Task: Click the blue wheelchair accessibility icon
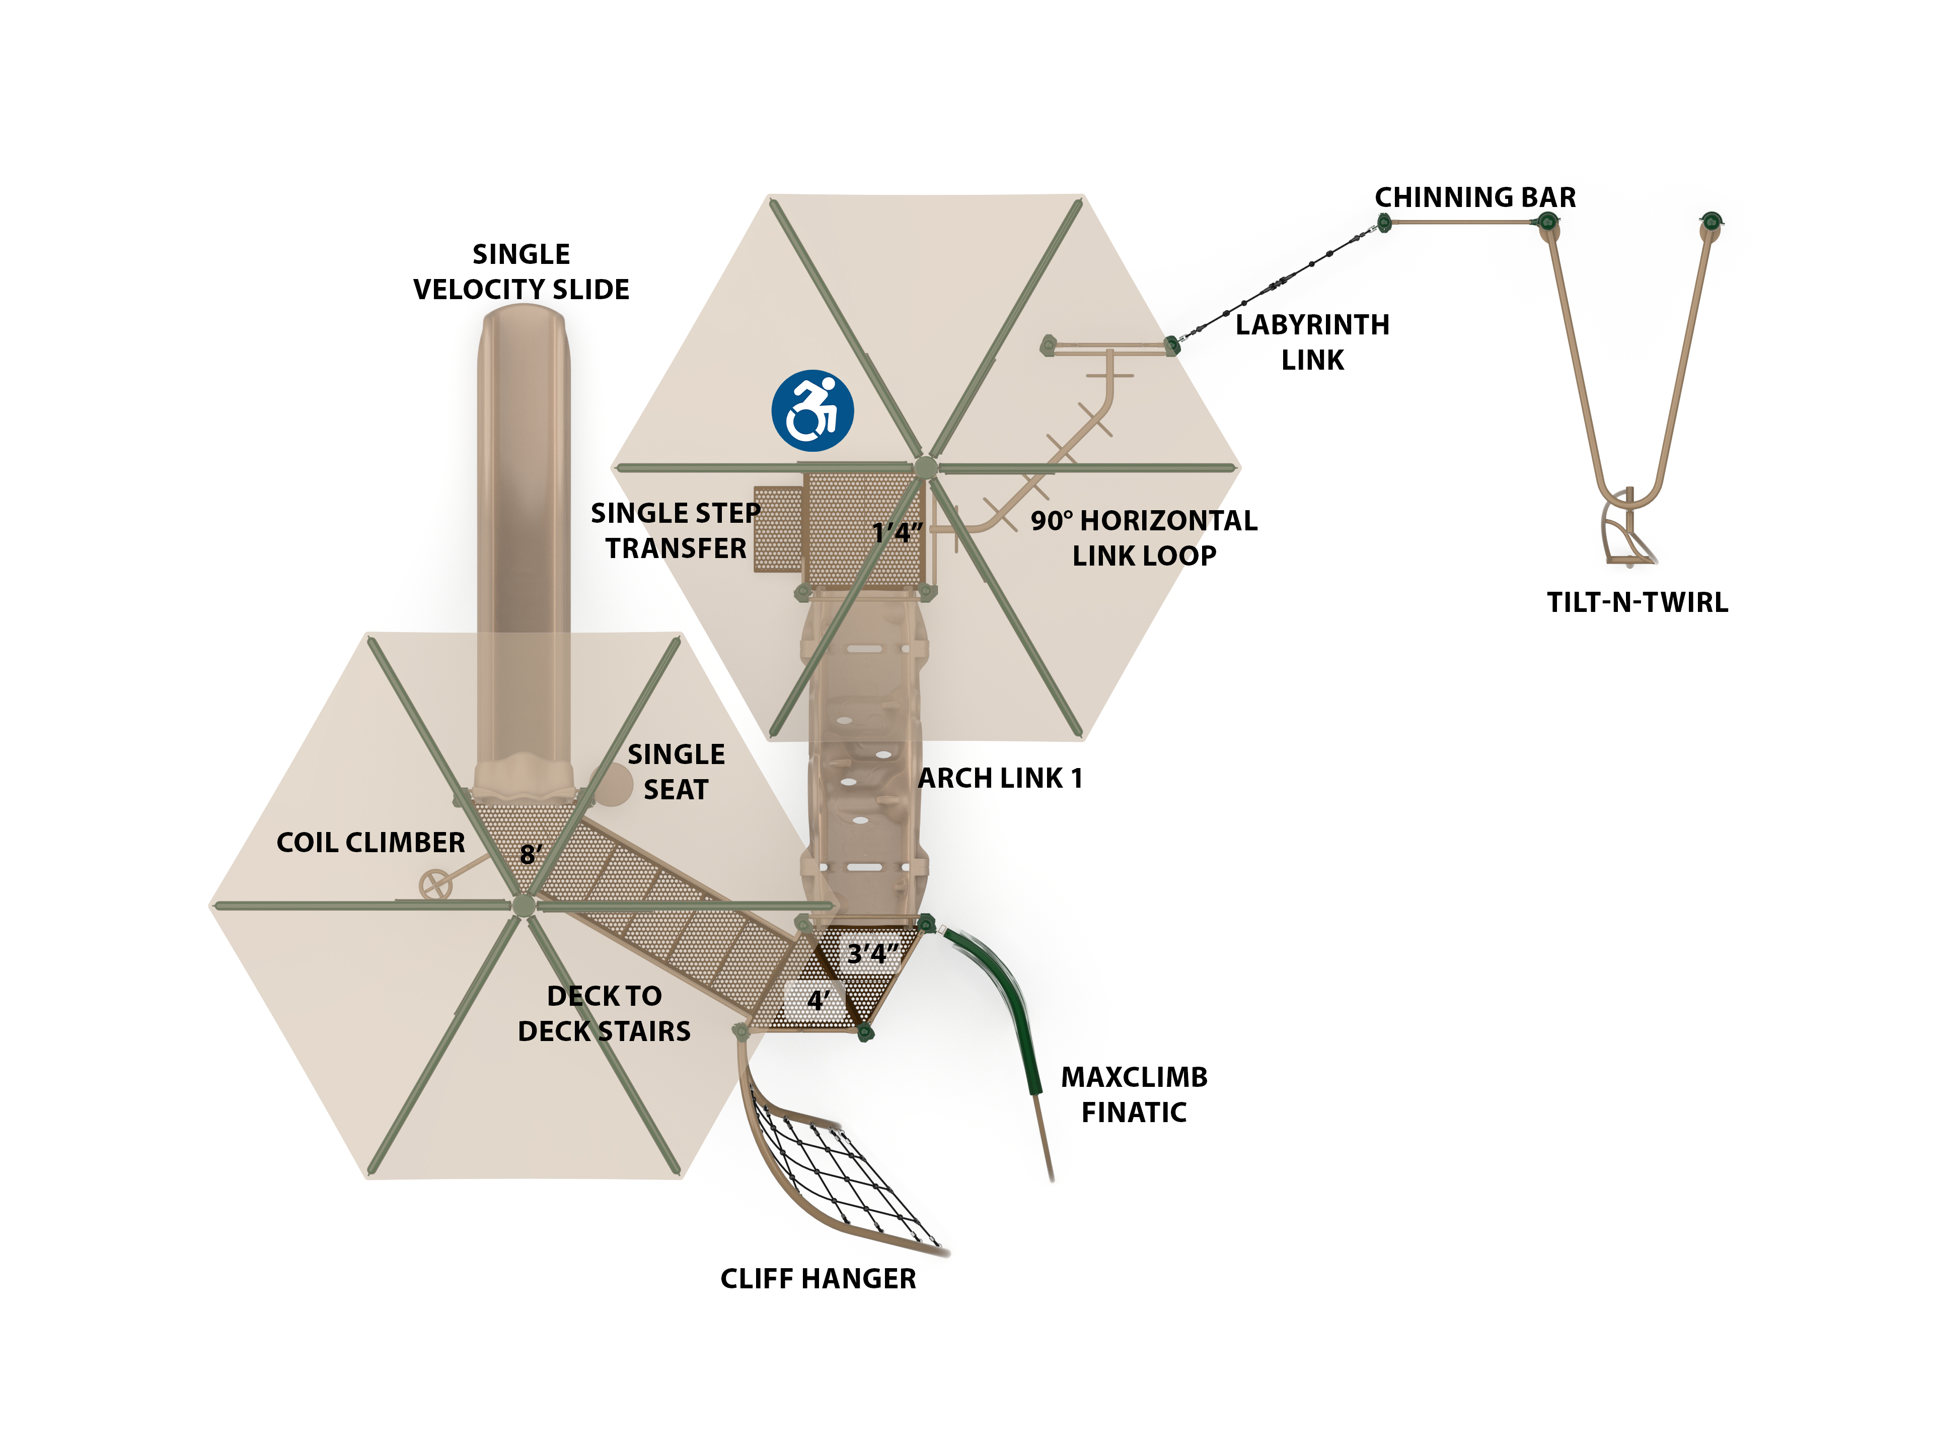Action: pyautogui.click(x=812, y=411)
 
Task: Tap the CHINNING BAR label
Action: pyautogui.click(x=1475, y=197)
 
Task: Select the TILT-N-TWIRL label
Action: pyautogui.click(x=1637, y=602)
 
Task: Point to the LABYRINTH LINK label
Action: pyautogui.click(x=1312, y=342)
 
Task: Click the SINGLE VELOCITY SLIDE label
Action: pyautogui.click(x=521, y=272)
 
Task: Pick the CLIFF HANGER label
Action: pyautogui.click(x=818, y=1279)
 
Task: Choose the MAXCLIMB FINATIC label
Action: pyautogui.click(x=1134, y=1094)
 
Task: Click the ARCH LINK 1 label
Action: pyautogui.click(x=1000, y=778)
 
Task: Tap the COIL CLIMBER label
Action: pyautogui.click(x=370, y=843)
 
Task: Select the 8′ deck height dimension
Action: pyautogui.click(x=531, y=854)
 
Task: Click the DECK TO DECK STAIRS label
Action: pyautogui.click(x=604, y=1013)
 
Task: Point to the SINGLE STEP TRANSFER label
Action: pyautogui.click(x=676, y=531)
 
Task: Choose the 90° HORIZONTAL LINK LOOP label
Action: pyautogui.click(x=1143, y=537)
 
